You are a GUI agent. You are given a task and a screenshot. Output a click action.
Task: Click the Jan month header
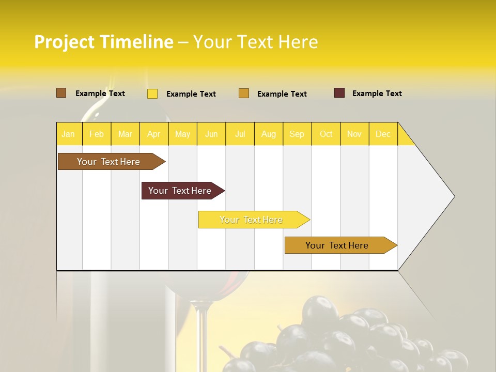tap(68, 134)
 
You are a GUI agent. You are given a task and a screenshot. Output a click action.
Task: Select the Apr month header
tap(154, 134)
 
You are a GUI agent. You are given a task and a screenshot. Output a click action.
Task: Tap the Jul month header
tap(240, 134)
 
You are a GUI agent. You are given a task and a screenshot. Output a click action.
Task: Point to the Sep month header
tap(297, 134)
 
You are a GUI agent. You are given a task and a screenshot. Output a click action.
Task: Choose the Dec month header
tap(383, 134)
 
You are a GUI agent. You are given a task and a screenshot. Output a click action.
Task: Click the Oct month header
tap(326, 134)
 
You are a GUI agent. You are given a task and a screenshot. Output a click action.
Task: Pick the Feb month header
tap(97, 134)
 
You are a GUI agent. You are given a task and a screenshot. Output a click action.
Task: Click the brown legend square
tap(61, 93)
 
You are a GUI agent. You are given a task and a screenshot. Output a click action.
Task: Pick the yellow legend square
tap(152, 94)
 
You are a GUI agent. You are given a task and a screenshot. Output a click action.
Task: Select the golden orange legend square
tap(244, 94)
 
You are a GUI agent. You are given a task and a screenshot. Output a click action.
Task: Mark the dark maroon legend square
tap(339, 93)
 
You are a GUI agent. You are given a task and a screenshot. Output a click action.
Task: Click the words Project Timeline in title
tap(103, 42)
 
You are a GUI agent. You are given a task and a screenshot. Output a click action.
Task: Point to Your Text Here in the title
tap(255, 42)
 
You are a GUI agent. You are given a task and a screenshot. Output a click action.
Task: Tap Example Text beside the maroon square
tap(377, 94)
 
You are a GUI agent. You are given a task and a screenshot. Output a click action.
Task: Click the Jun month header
tap(211, 134)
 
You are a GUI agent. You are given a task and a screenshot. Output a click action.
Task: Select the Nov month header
tap(354, 134)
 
